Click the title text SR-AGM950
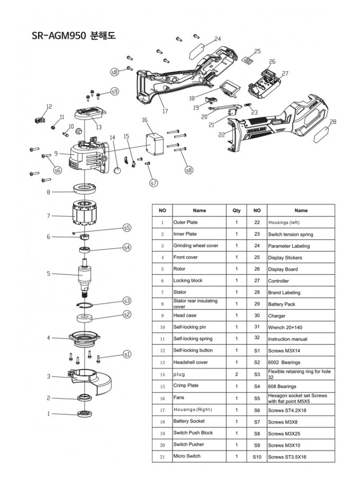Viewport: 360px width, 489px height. click(x=59, y=36)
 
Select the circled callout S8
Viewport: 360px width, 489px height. click(x=189, y=170)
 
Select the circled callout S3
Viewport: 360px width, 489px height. click(x=127, y=300)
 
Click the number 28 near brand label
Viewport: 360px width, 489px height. click(x=333, y=122)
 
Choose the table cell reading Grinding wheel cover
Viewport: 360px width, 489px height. click(x=196, y=246)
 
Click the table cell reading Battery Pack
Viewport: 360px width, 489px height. click(x=282, y=304)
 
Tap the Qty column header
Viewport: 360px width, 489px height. click(x=237, y=210)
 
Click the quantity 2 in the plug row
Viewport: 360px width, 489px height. click(x=237, y=374)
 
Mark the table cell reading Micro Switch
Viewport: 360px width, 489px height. click(x=187, y=456)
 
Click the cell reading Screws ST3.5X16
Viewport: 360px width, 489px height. click(x=287, y=457)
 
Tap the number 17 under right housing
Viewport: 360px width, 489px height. click(x=165, y=111)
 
